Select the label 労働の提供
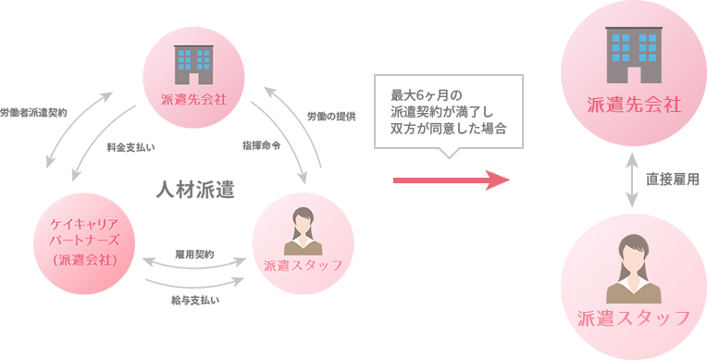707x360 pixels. [x=332, y=116]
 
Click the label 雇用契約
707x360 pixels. [x=194, y=254]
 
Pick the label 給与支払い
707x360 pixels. [x=194, y=300]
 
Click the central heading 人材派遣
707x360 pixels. [x=193, y=192]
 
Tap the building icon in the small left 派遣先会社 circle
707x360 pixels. [x=193, y=63]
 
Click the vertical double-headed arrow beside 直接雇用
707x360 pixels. [x=633, y=181]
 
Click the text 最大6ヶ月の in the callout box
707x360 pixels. [x=424, y=93]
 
